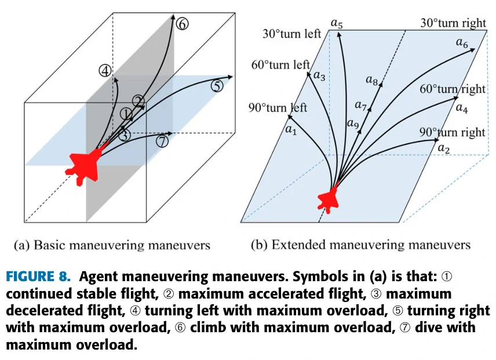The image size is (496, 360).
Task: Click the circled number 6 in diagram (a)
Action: coord(183,24)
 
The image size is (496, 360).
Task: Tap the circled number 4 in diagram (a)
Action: coord(105,71)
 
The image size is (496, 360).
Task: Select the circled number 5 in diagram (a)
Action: coord(217,86)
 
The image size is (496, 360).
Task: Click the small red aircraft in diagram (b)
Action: coord(329,199)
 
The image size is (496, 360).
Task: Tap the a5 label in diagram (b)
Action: coord(337,23)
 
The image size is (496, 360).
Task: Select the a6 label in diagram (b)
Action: coord(462,42)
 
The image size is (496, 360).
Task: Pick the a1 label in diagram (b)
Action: coord(291,130)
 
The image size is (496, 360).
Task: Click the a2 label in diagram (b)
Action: coord(444,148)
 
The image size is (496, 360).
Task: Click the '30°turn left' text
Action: coord(291,34)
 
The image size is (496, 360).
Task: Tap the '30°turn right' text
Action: coord(453,24)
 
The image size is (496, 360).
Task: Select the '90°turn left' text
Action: coord(278,107)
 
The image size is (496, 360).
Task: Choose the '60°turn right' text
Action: coord(453,89)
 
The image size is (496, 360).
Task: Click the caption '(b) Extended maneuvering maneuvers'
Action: coord(360,245)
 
